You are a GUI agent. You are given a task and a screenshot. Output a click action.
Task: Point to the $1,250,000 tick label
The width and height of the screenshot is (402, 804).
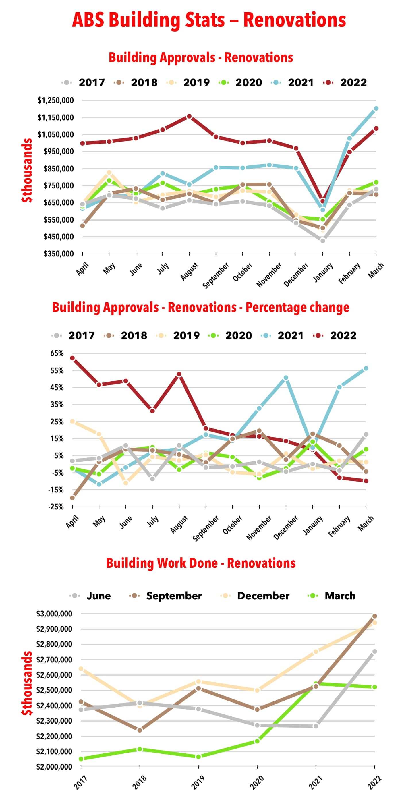coord(55,100)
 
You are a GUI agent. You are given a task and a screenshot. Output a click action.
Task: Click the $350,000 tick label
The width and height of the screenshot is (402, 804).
coord(58,254)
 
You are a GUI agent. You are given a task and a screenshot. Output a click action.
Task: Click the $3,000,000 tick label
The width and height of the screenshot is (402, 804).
coord(54,614)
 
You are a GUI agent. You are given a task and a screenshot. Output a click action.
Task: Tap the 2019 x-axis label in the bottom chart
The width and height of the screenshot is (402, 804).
coord(198,782)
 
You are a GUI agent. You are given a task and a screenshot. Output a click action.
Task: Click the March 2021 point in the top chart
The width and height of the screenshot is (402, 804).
coord(376,109)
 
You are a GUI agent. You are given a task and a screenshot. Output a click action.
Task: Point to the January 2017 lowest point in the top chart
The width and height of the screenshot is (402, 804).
coord(322,241)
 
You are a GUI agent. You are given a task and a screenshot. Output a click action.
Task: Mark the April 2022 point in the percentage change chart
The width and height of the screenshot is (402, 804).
coord(72,358)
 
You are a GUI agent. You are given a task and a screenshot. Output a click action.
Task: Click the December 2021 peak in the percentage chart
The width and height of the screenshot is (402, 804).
coord(286,378)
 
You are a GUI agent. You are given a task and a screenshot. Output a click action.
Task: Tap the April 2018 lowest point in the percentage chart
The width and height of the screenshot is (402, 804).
coord(72,498)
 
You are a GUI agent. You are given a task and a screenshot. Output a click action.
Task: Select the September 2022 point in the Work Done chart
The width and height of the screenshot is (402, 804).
coord(374,616)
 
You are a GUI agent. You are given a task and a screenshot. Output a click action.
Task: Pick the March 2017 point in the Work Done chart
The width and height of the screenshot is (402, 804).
coord(81,759)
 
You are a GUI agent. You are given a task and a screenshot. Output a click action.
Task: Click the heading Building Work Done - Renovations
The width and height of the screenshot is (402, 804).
coord(201,563)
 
